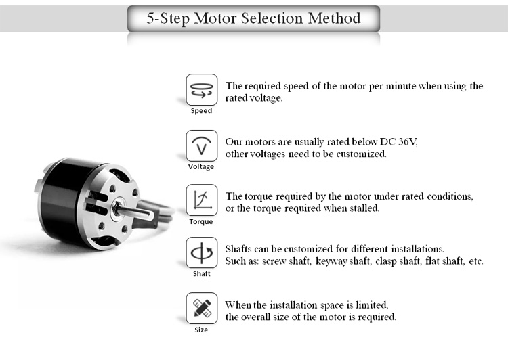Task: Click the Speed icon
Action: coord(201,89)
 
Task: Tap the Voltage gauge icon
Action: coord(201,145)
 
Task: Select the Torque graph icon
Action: coord(201,200)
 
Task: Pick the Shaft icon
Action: coord(201,253)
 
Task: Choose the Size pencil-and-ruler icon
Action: coord(201,309)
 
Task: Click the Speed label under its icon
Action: coord(201,111)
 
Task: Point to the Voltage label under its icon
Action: coord(201,166)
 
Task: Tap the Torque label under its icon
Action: coord(201,221)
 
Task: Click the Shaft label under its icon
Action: coord(201,274)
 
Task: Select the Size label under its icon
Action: coord(201,330)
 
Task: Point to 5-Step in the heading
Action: coord(169,18)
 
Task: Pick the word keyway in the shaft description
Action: coord(329,261)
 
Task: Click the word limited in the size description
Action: coord(370,305)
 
